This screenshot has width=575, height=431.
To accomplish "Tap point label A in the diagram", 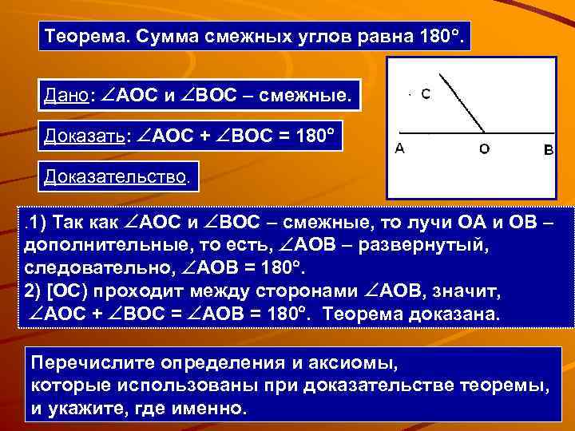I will (399, 148).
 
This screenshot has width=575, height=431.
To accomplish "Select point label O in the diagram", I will (485, 148).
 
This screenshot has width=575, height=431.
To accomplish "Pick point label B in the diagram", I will (548, 149).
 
